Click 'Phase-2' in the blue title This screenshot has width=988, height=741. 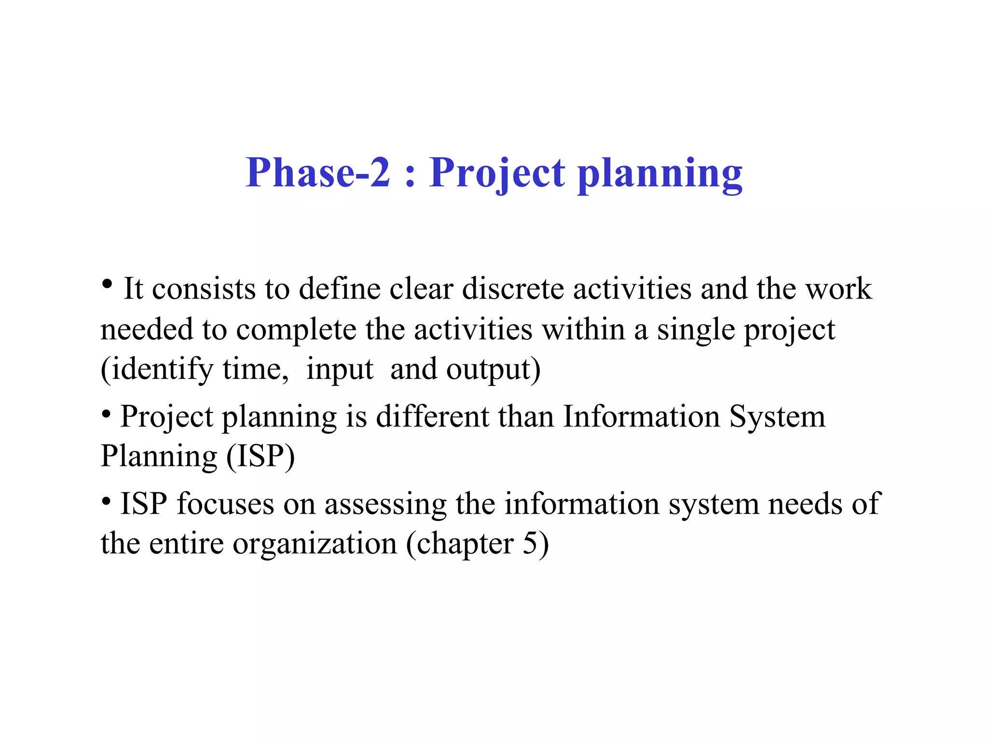coord(317,173)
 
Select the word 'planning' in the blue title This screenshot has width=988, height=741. coord(660,174)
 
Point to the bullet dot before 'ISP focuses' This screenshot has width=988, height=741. coord(107,500)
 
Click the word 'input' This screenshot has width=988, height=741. coord(340,370)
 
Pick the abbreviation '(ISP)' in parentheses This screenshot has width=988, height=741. coord(261,456)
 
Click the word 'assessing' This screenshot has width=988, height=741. coord(385,504)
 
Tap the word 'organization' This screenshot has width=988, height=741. coord(315,544)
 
